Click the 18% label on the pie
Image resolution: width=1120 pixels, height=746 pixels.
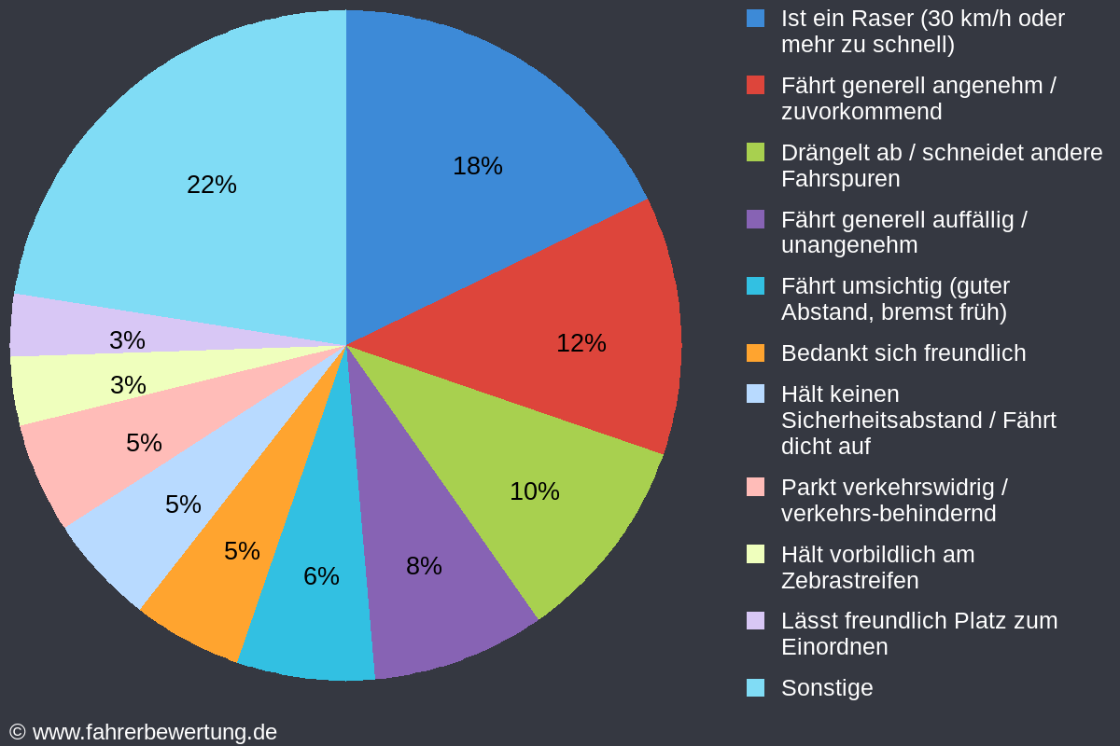coord(477,166)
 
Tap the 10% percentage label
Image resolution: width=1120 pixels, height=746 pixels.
coord(534,491)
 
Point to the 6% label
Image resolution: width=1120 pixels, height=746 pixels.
coord(321,576)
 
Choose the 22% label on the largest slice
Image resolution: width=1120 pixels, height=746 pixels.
coord(212,185)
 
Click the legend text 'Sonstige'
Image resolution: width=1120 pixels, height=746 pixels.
coord(827,688)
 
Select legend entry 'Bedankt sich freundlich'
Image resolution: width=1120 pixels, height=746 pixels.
coord(903,353)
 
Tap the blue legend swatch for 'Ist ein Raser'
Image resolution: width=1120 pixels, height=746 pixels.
coord(755,18)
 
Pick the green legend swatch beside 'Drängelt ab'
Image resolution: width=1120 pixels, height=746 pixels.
coord(755,152)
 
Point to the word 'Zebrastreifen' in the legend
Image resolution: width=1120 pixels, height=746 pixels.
coord(849,581)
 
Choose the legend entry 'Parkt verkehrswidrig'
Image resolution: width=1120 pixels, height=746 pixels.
coord(893,488)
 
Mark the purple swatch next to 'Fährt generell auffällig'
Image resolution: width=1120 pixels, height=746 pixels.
coord(755,219)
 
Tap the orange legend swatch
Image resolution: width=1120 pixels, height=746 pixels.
coord(755,353)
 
